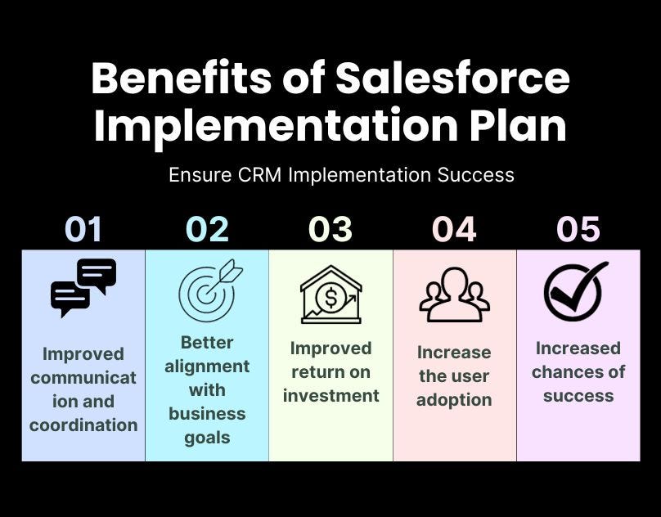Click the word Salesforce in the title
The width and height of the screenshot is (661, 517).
pos(452,78)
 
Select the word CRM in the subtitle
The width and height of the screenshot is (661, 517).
pos(259,174)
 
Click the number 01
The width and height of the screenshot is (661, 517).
pos(83,229)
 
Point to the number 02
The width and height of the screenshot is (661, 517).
pos(207,229)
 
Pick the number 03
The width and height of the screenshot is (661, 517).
pos(330,229)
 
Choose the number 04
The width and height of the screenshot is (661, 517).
pos(454,229)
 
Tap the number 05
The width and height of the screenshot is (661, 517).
pos(578,229)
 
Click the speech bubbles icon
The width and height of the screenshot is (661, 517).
pos(83,288)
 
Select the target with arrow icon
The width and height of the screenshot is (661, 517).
pos(210,290)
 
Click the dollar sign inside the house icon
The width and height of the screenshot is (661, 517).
pos(331,298)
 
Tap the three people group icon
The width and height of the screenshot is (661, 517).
pos(455,294)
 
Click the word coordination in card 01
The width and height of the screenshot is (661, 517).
pos(83,425)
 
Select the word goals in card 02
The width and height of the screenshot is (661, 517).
pos(207,438)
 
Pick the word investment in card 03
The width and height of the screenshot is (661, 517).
pos(331,396)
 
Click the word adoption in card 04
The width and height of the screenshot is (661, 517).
pos(454,400)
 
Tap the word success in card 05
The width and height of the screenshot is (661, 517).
pos(578,396)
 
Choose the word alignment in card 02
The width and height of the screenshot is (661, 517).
pos(207,366)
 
